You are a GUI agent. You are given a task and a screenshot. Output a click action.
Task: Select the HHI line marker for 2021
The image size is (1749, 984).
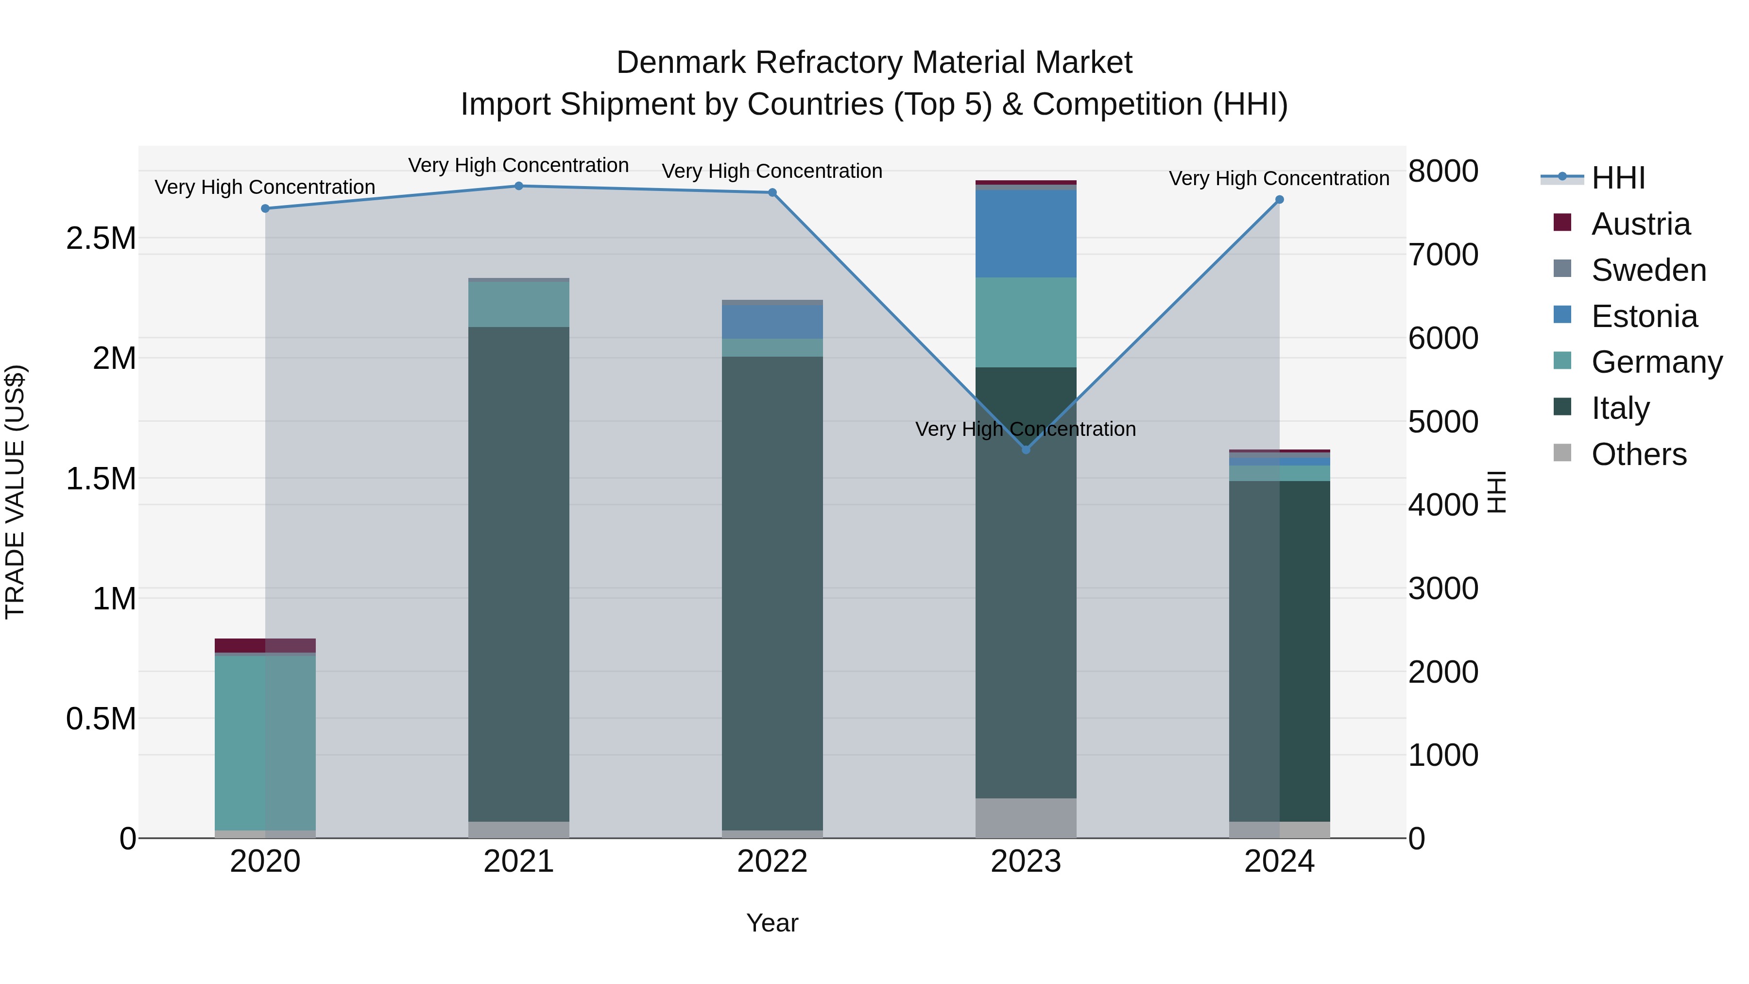pyautogui.click(x=519, y=186)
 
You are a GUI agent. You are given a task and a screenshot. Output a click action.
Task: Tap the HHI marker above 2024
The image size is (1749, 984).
pyautogui.click(x=1279, y=200)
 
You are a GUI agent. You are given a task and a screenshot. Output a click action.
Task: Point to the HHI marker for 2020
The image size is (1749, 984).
pyautogui.click(x=265, y=208)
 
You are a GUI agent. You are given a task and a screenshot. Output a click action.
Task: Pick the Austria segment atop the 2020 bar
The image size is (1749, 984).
pyautogui.click(x=265, y=645)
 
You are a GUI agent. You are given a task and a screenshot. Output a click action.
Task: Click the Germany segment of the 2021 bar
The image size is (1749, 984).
pyautogui.click(x=519, y=304)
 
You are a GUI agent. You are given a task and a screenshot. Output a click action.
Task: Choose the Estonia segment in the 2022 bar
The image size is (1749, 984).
pyautogui.click(x=772, y=322)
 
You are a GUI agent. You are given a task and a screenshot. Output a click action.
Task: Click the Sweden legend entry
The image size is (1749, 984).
pyautogui.click(x=1648, y=270)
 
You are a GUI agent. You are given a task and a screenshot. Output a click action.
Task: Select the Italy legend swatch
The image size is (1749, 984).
pyautogui.click(x=1562, y=407)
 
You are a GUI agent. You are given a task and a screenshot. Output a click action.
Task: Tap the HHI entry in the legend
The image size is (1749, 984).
pyautogui.click(x=1618, y=178)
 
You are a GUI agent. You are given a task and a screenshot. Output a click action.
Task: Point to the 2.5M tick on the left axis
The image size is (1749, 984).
pyautogui.click(x=101, y=239)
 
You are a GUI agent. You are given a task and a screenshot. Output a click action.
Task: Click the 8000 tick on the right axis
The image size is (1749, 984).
pyautogui.click(x=1443, y=171)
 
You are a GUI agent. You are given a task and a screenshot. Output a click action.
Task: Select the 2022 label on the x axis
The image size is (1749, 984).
pyautogui.click(x=772, y=862)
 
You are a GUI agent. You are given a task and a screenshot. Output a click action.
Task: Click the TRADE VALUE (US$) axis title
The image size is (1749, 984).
pyautogui.click(x=15, y=492)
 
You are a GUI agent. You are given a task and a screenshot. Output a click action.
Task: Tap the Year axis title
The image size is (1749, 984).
pyautogui.click(x=772, y=923)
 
